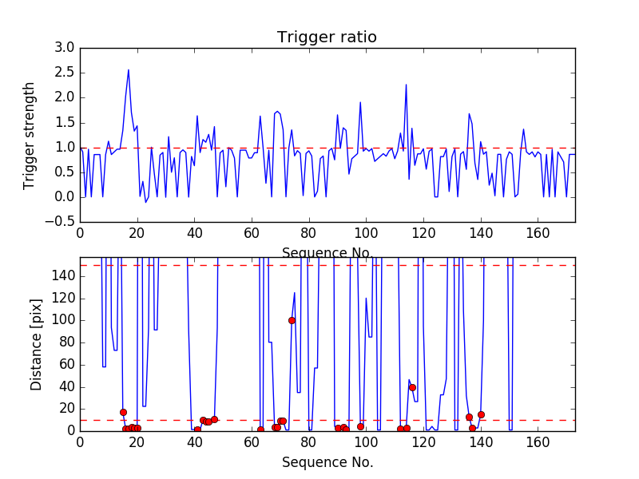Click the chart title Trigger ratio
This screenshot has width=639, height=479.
(x=327, y=38)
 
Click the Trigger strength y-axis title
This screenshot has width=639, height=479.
(x=30, y=135)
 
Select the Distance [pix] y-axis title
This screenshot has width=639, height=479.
(x=36, y=344)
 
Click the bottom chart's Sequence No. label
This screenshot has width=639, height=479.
(x=327, y=462)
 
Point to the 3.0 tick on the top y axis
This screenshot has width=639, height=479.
(x=64, y=48)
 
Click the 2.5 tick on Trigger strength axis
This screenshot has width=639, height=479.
(x=64, y=73)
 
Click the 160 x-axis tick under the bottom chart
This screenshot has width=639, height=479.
(x=538, y=442)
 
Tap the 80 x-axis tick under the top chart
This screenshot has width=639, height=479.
(x=309, y=234)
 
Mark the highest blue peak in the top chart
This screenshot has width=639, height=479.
(x=129, y=69)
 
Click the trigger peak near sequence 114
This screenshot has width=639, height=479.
(x=406, y=85)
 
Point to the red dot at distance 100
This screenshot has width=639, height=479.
(x=292, y=320)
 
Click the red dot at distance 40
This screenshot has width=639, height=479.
(x=412, y=387)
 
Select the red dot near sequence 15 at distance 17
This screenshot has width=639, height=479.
(x=123, y=412)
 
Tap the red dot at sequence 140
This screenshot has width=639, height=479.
(x=481, y=414)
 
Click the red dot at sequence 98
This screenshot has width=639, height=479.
(x=360, y=426)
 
